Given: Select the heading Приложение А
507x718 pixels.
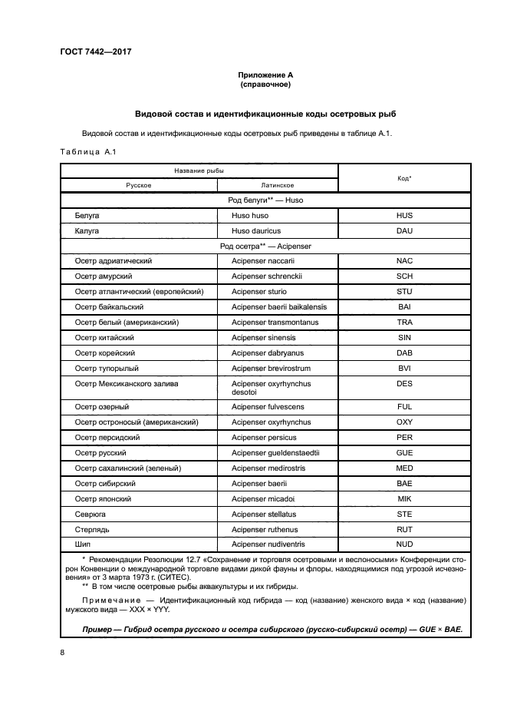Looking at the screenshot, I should click(265, 75).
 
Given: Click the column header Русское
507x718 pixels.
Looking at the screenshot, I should click(139, 185).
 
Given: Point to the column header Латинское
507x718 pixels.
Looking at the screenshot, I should click(278, 185).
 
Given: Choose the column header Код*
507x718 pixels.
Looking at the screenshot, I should click(404, 177).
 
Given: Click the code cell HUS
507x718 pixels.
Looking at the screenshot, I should click(404, 216).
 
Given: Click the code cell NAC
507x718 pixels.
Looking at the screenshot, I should click(404, 260).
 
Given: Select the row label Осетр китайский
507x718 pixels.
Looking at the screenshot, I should click(104, 337).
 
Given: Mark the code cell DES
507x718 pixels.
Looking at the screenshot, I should click(404, 383).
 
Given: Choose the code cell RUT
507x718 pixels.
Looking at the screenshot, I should click(404, 530).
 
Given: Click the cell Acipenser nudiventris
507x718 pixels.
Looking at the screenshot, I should click(269, 544).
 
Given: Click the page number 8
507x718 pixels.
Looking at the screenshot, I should click(62, 652).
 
